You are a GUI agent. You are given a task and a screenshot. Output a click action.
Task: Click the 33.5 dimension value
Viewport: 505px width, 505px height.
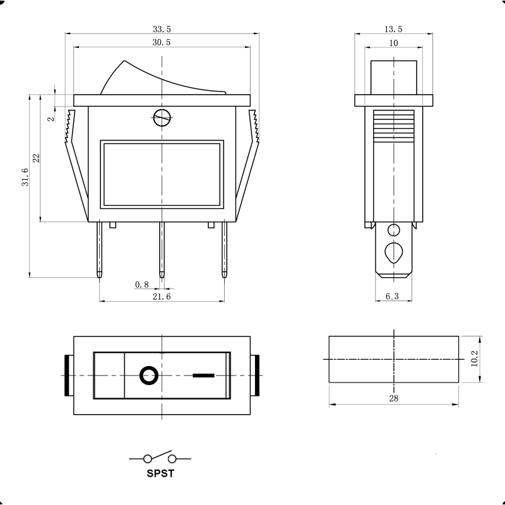click(x=162, y=29)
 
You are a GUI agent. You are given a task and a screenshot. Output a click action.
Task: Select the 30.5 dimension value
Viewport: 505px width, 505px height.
click(x=162, y=42)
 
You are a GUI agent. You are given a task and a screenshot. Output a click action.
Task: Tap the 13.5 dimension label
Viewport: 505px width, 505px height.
click(x=393, y=29)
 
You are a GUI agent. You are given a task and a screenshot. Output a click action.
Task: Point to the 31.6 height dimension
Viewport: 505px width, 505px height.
click(x=25, y=177)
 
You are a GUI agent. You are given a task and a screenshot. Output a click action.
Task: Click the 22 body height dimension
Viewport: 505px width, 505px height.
click(x=36, y=158)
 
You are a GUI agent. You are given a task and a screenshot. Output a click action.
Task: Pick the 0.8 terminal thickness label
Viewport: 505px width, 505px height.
click(x=141, y=285)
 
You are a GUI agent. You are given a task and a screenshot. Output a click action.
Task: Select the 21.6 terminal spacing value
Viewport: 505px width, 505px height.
click(x=162, y=296)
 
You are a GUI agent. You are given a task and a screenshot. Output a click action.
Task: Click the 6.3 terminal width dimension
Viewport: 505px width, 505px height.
click(x=392, y=296)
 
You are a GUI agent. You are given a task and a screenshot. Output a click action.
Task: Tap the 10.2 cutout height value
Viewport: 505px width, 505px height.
click(x=475, y=359)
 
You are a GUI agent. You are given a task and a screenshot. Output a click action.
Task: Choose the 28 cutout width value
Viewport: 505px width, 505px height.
click(x=393, y=398)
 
